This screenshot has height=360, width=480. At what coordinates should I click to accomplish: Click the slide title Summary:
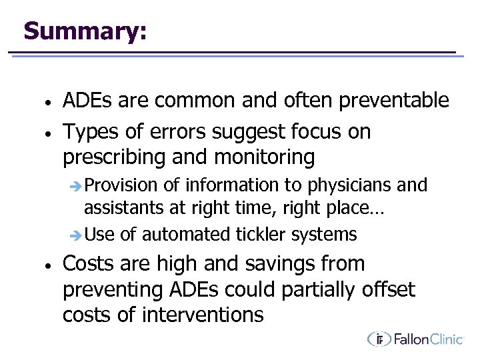click(85, 31)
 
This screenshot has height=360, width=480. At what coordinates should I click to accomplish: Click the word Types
click(91, 132)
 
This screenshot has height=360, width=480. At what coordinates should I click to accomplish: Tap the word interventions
click(203, 314)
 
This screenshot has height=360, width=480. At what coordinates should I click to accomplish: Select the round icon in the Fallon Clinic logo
click(379, 339)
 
